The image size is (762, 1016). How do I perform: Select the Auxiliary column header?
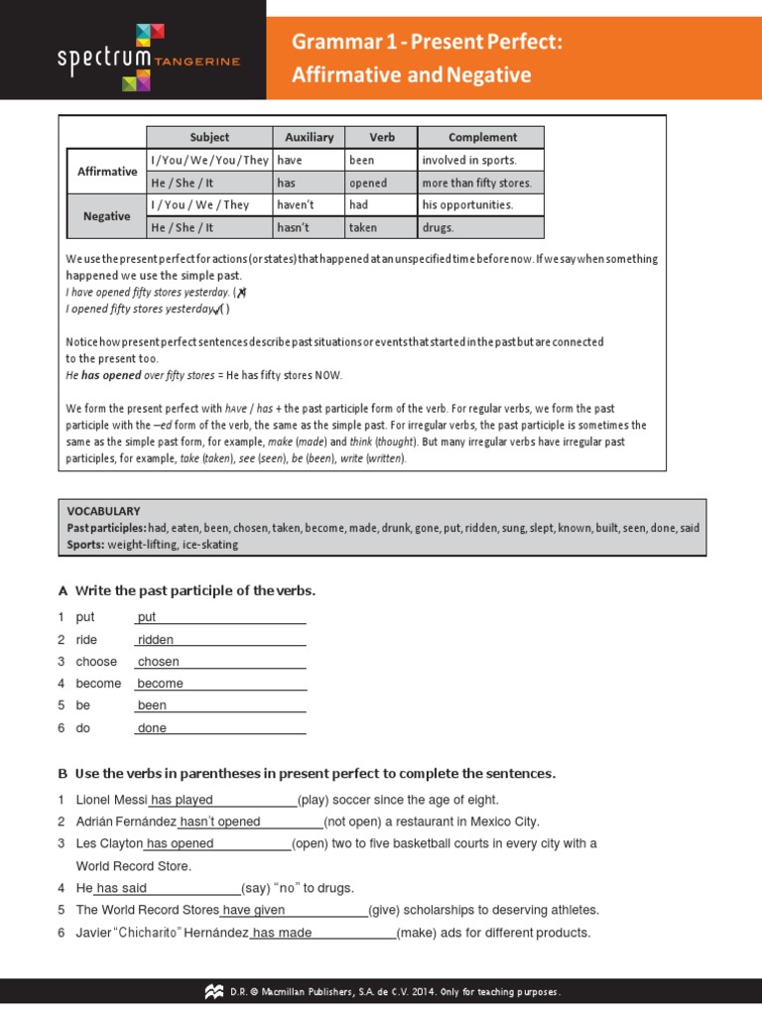[309, 137]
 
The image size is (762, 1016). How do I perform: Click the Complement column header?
[481, 137]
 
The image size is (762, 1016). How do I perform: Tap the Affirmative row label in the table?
[107, 171]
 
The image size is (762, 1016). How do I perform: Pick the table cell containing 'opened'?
[368, 183]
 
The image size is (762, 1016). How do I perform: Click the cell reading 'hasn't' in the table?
[295, 227]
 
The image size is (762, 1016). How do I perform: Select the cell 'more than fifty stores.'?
[477, 183]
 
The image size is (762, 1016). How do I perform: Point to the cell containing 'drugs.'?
[438, 227]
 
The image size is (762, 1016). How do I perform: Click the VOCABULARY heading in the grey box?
[103, 511]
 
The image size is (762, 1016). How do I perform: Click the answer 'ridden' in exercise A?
[156, 640]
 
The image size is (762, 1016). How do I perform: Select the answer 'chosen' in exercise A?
[159, 662]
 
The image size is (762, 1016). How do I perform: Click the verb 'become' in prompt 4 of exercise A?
[98, 684]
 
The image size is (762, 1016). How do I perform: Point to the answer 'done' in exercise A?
[152, 728]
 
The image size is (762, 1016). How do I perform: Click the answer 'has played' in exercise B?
[182, 800]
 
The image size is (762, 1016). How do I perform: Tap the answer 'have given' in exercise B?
[254, 910]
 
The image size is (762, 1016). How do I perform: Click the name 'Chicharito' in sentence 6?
[163, 933]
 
